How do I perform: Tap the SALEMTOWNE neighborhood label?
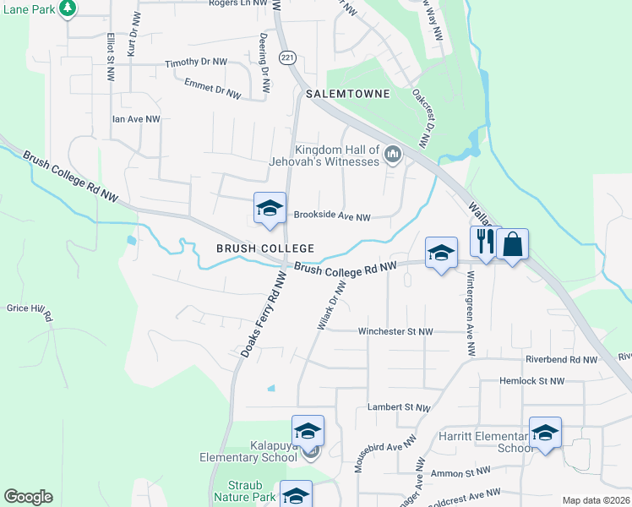point(348,94)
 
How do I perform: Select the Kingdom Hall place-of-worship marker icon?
point(393,155)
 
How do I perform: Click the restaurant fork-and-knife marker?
point(485,243)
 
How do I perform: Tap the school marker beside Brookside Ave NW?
point(270,209)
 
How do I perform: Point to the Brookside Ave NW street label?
point(332,216)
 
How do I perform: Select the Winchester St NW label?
point(395,332)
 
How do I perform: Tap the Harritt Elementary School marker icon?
point(545,433)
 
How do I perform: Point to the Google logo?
point(28,497)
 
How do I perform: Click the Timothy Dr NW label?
point(196,63)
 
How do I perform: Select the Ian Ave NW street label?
point(136,120)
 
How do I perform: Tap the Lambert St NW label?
point(400,407)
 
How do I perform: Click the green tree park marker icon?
point(67,8)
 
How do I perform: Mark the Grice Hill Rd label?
point(30,311)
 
